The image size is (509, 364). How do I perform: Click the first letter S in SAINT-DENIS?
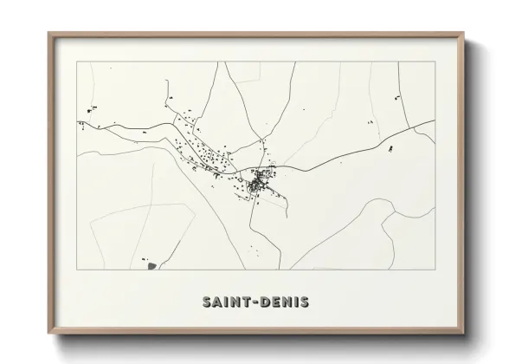(208, 302)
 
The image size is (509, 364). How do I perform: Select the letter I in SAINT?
(228, 302)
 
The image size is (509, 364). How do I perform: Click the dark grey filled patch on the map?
(151, 264)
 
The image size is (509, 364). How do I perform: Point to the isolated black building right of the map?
(391, 149)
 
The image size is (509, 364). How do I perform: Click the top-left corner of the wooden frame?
(48, 34)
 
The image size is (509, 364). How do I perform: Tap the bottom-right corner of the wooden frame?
(464, 333)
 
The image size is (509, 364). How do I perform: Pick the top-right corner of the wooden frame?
(464, 34)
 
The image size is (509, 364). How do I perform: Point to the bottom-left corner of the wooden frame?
(48, 333)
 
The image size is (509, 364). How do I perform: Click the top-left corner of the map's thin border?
(78, 62)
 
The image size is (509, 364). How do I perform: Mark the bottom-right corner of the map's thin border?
(435, 270)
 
